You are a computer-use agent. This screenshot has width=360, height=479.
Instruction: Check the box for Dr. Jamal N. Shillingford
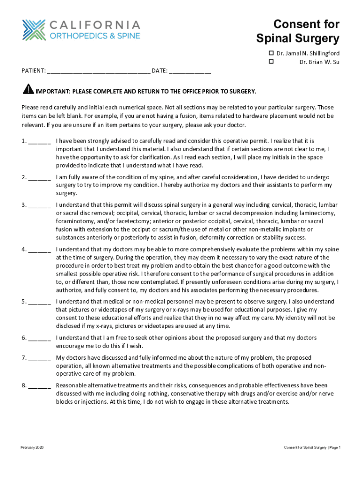[270, 53]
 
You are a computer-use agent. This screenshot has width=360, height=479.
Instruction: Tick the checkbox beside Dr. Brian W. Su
[270, 62]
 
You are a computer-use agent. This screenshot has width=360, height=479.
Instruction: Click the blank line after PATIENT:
[98, 72]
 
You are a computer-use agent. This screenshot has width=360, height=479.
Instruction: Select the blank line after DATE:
[190, 72]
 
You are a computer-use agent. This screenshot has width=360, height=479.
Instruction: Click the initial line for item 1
[39, 141]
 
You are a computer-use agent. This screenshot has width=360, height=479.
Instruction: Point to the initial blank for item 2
[39, 178]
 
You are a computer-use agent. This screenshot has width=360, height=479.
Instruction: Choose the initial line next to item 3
[39, 206]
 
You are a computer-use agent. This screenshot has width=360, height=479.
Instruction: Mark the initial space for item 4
[39, 250]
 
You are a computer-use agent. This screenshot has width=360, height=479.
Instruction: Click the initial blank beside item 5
[39, 302]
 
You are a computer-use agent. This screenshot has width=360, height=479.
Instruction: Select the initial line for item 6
[39, 338]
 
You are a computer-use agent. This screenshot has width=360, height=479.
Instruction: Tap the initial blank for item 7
[39, 358]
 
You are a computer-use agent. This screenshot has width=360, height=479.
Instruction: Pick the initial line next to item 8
[39, 386]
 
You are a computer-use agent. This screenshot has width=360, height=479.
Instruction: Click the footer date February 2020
[32, 448]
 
